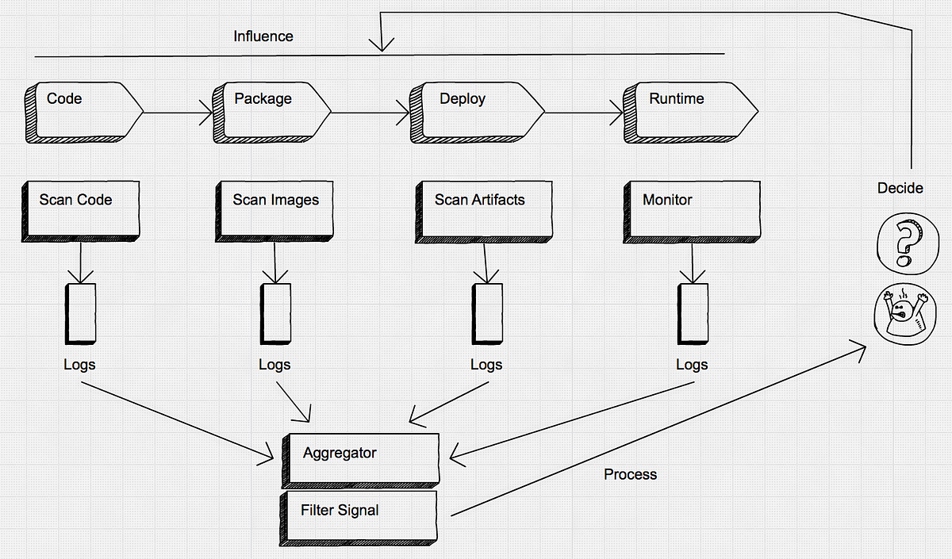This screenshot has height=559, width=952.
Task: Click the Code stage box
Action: (x=84, y=113)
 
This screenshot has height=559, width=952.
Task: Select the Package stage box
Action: (x=271, y=113)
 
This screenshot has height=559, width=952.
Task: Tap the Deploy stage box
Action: (x=477, y=113)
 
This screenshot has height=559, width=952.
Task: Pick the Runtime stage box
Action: (x=691, y=113)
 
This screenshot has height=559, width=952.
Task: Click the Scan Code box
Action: (x=81, y=212)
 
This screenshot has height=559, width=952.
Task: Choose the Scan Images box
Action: (x=274, y=212)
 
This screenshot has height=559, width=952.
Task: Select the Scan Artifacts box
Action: (x=484, y=212)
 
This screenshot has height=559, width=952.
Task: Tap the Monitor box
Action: (x=692, y=212)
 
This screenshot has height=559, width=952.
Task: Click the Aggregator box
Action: (x=360, y=461)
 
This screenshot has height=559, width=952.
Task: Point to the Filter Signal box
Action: (x=359, y=519)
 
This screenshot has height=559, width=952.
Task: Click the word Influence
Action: (x=263, y=36)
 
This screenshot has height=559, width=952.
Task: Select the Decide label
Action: (x=900, y=188)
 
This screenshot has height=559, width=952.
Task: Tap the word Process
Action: (x=630, y=474)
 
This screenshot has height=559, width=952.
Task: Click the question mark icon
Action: (x=908, y=243)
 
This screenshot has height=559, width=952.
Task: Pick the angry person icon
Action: (x=905, y=314)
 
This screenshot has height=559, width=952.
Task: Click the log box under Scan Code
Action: (x=80, y=313)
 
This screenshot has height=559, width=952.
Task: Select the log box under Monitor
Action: (x=693, y=313)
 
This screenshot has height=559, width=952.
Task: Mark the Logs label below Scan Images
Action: (x=274, y=365)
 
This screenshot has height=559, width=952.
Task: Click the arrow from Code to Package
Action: (x=178, y=113)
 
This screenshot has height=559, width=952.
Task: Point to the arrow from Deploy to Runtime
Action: (x=584, y=113)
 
